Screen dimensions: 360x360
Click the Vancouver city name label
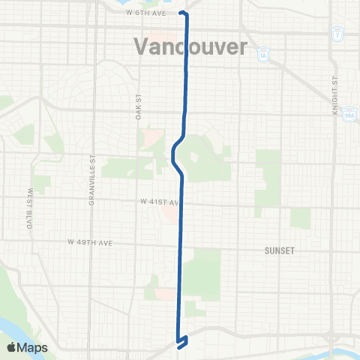(190, 46)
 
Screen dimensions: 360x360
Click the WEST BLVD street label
(31, 208)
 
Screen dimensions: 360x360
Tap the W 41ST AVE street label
(158, 202)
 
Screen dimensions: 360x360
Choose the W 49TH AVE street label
(89, 242)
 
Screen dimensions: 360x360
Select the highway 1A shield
(262, 53)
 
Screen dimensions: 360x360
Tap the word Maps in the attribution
(33, 347)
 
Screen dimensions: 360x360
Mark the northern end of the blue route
(182, 13)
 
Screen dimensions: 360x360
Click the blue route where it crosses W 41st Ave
(181, 202)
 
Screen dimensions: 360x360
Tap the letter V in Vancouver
(142, 46)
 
